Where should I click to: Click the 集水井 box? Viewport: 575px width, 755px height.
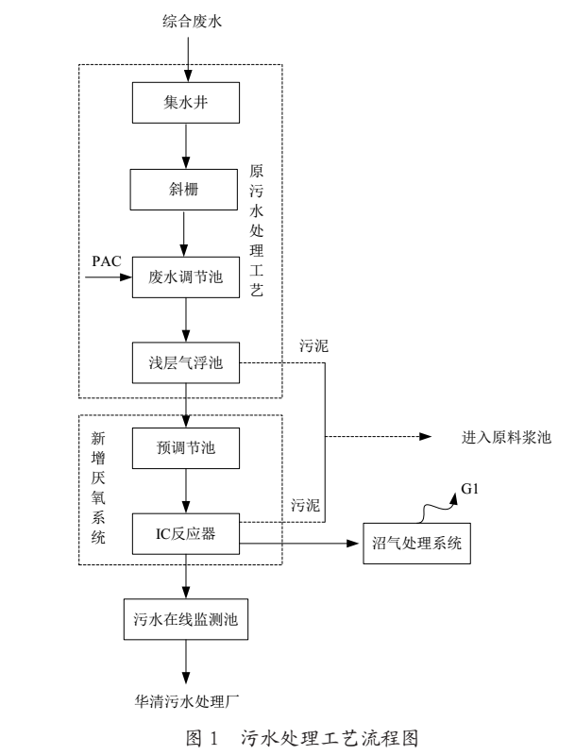[x=186, y=102]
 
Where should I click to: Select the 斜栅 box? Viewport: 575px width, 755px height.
[x=186, y=190]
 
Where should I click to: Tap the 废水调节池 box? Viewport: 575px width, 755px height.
[x=186, y=277]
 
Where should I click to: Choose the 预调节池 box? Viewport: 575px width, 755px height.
[x=186, y=446]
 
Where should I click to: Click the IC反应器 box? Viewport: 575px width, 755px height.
[x=186, y=535]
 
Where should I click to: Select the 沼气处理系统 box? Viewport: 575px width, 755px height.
[x=415, y=545]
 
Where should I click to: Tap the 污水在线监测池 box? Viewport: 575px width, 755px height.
[x=186, y=621]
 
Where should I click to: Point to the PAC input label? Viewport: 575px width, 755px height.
[x=107, y=260]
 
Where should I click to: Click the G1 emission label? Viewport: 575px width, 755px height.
[x=469, y=489]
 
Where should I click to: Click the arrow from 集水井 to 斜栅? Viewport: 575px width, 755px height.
[x=186, y=145]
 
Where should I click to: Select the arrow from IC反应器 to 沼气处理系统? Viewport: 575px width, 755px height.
[x=302, y=544]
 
